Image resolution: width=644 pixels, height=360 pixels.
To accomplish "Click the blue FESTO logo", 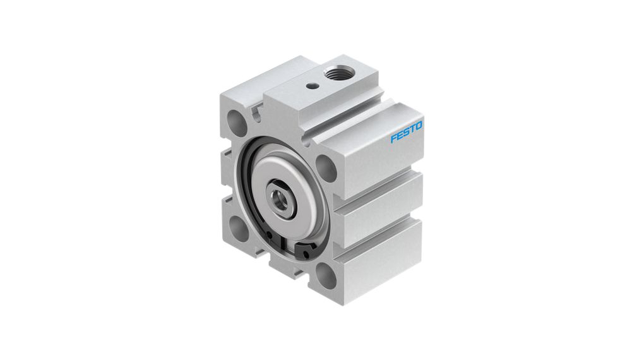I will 406,131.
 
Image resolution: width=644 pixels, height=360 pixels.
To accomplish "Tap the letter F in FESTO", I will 393,137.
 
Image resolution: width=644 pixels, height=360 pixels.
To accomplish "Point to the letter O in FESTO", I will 419,126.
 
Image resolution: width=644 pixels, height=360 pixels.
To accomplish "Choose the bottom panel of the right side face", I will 379,259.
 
